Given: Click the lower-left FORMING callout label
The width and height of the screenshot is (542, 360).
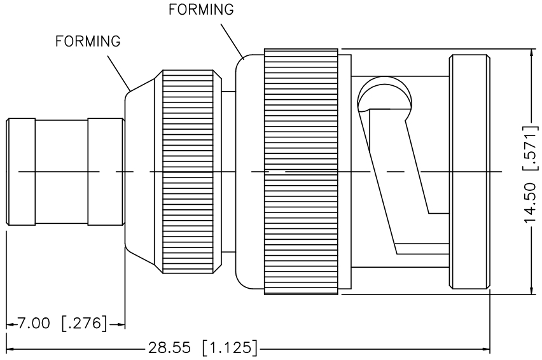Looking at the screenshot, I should [88, 41].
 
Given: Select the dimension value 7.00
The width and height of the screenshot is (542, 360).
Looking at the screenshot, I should [33, 323].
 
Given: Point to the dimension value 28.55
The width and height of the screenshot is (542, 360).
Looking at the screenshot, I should [169, 348].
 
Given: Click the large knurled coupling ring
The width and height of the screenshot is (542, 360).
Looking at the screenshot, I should [301, 172].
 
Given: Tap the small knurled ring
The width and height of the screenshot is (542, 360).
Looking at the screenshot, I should [188, 172].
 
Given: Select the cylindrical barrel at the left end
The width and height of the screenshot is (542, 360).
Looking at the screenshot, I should [64, 172].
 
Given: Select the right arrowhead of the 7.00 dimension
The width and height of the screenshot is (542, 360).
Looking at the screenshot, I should [121, 324].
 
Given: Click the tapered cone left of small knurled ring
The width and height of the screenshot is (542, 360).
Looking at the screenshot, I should [143, 172].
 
